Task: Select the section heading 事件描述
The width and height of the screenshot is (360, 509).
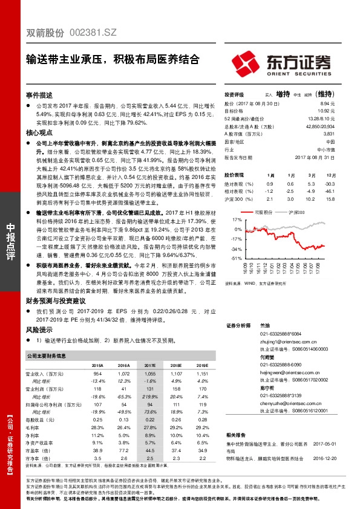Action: [x=39, y=95]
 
